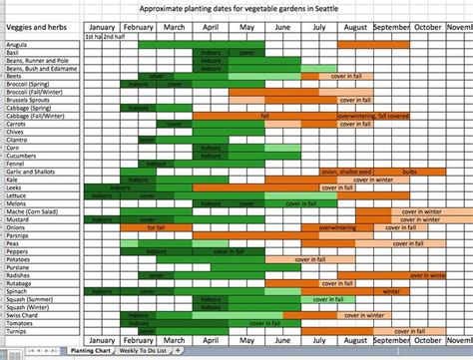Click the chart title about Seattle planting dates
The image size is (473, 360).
coord(236,8)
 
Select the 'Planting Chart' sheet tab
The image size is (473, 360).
coord(90,351)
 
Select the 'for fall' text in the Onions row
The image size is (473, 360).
coord(157,226)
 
